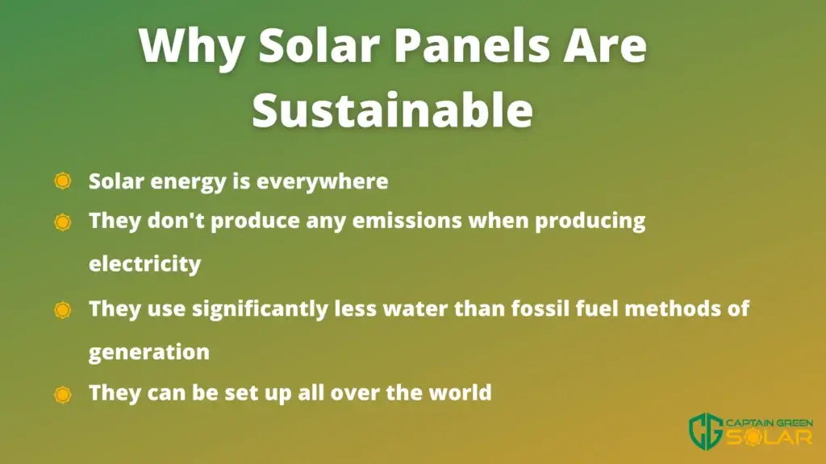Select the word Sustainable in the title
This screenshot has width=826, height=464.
click(393, 109)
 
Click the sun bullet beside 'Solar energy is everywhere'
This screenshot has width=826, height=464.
click(63, 181)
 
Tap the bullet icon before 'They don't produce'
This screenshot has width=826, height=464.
click(63, 222)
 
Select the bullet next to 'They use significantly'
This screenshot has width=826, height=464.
click(63, 310)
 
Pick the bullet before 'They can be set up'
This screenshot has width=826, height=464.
click(63, 395)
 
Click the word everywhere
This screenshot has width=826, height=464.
click(323, 182)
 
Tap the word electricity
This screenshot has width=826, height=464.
click(145, 263)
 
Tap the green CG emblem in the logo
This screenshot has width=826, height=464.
click(706, 432)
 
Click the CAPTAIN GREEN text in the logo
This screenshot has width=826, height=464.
click(769, 424)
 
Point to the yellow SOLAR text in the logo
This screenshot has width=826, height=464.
click(769, 437)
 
